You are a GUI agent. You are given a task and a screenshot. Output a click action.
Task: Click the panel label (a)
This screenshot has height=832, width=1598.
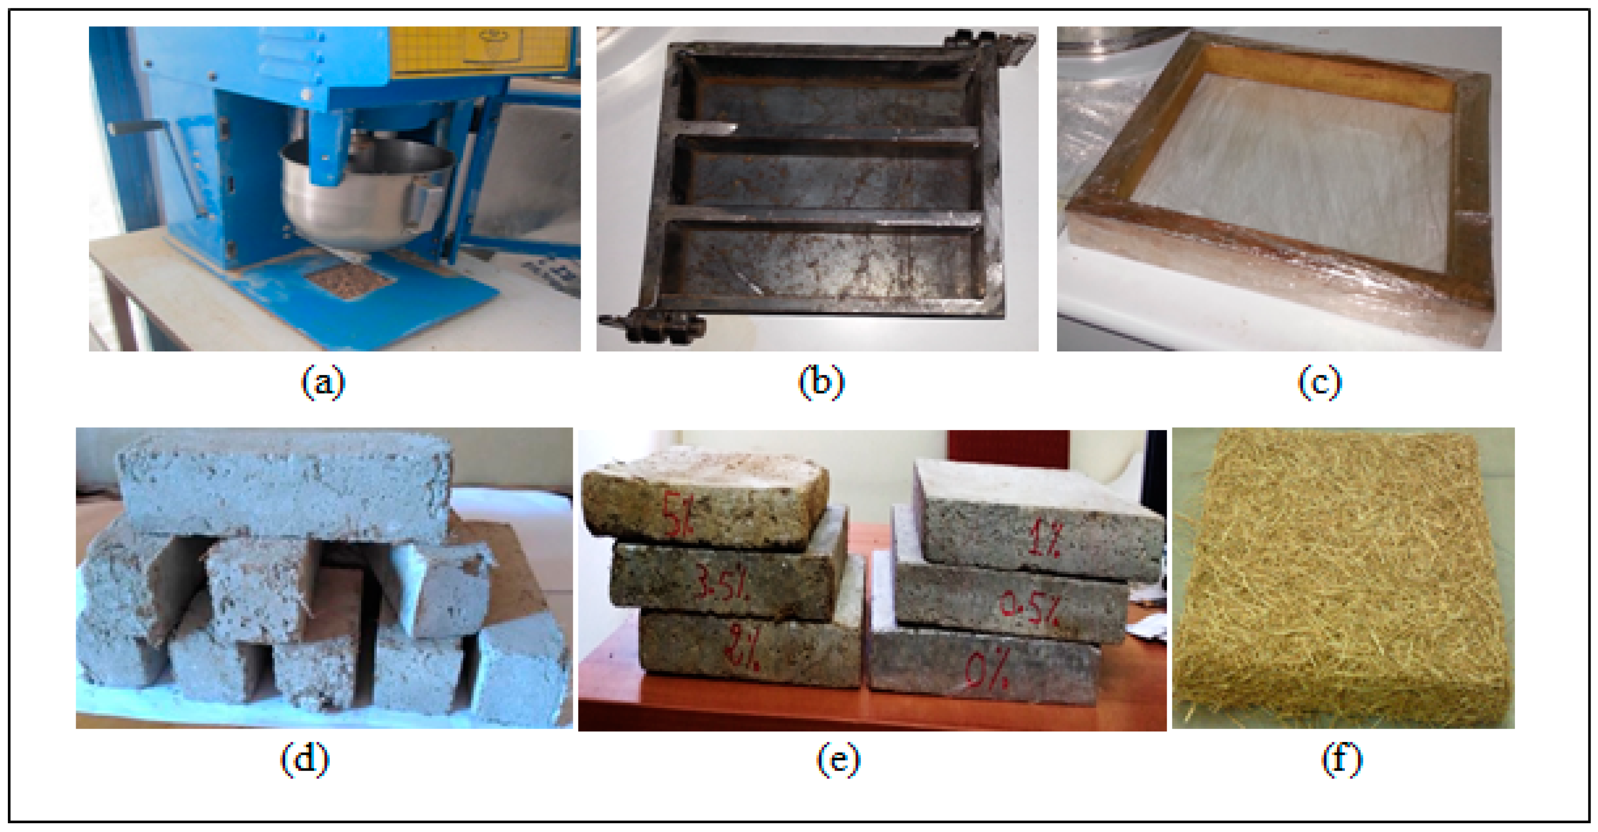click(323, 382)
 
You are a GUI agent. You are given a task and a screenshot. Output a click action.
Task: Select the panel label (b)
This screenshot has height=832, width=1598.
click(821, 382)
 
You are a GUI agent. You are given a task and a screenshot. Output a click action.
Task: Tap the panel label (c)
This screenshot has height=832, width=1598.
click(1319, 382)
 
